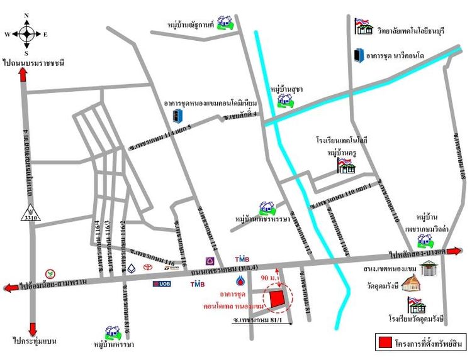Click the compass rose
pyautogui.click(x=27, y=33)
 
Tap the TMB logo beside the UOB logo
pyautogui.click(x=197, y=285)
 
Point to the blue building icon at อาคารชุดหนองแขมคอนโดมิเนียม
pyautogui.click(x=177, y=116)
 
